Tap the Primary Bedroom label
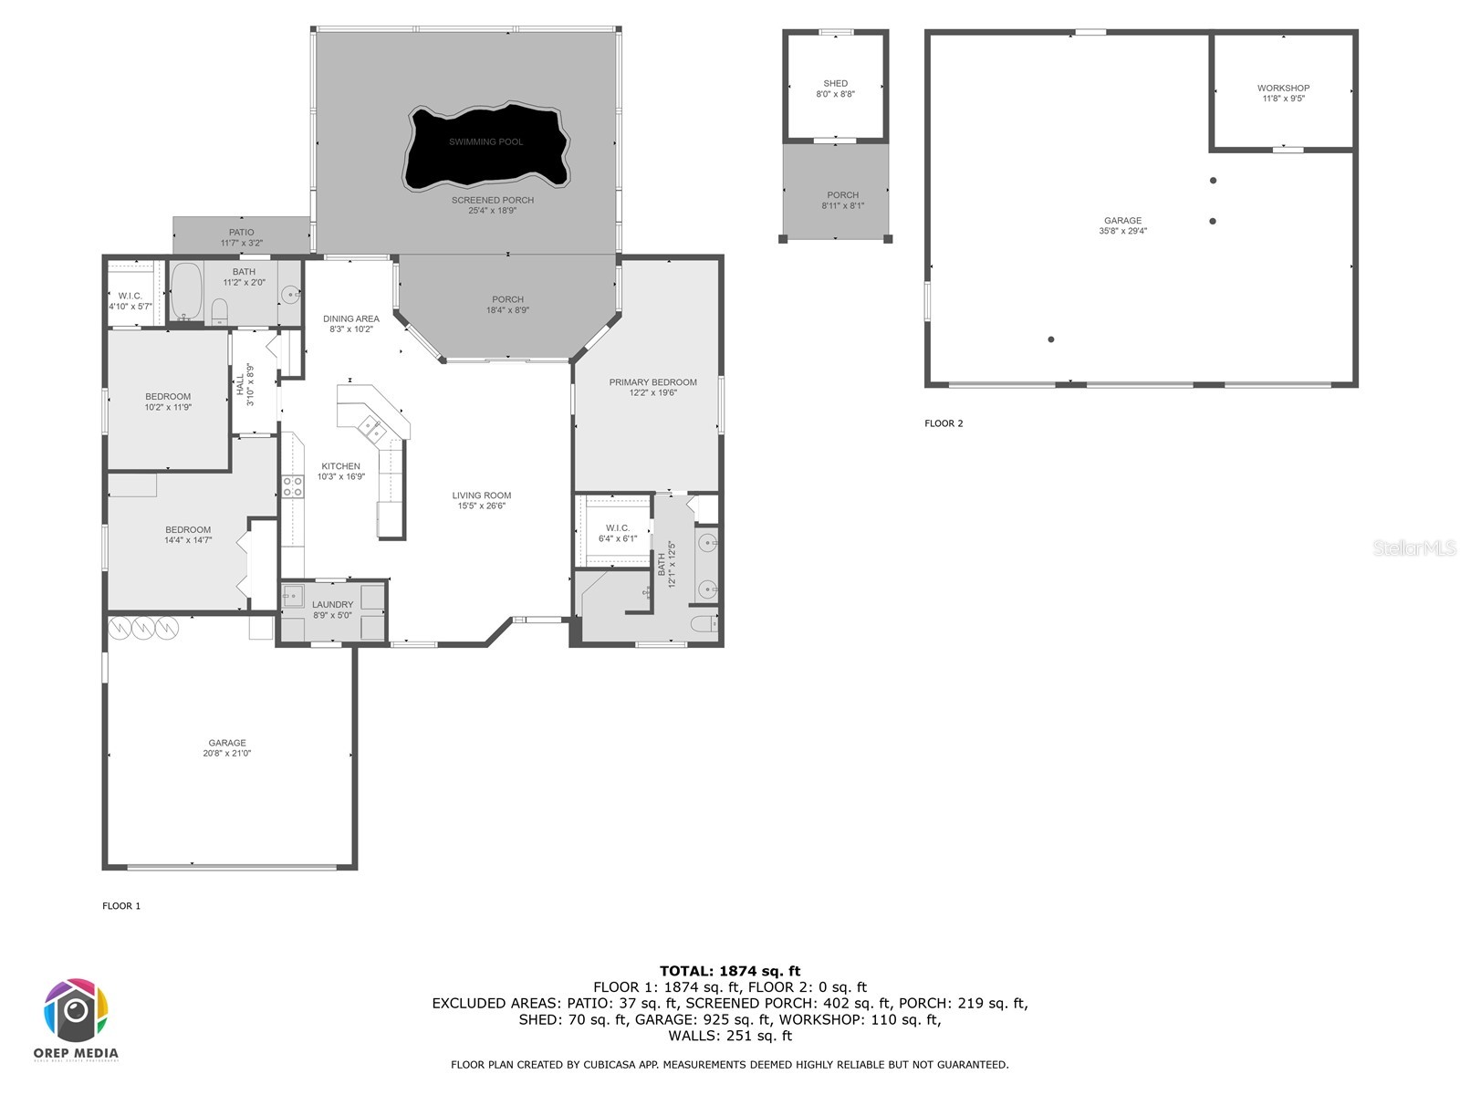point(652,382)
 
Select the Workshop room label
point(1283,89)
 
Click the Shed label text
point(835,83)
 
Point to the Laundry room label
point(332,604)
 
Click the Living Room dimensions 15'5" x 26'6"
point(481,506)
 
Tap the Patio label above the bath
point(241,232)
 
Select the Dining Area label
point(350,318)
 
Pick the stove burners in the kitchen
point(292,486)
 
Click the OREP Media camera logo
point(76,1011)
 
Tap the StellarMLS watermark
point(1413,547)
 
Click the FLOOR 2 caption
point(944,423)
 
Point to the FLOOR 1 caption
point(121,906)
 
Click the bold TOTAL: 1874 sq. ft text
point(729,971)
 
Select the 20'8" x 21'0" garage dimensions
point(226,754)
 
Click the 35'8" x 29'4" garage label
point(1122,231)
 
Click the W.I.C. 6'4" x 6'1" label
point(617,533)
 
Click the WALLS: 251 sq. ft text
point(729,1036)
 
